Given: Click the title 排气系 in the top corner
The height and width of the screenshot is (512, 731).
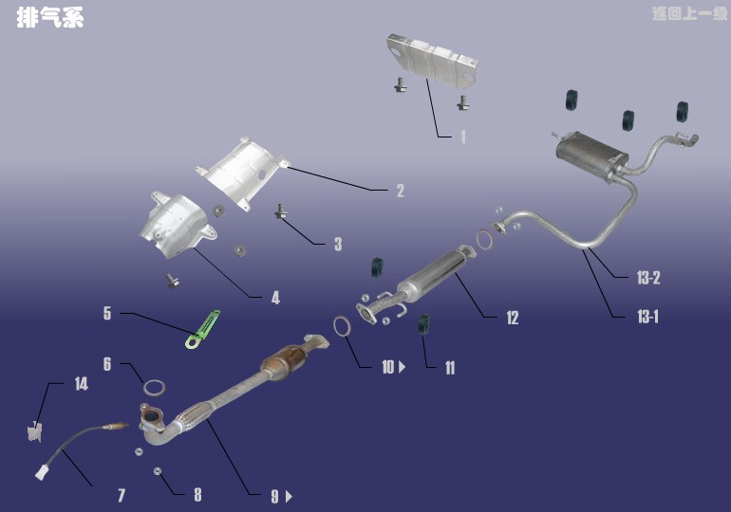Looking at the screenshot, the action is click(50, 18).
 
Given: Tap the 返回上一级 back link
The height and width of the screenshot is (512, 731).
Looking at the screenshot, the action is click(689, 14).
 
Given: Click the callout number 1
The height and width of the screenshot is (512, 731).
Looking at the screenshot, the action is click(463, 137).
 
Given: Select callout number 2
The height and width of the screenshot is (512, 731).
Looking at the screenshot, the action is click(401, 191).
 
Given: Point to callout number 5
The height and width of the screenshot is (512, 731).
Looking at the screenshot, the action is click(107, 313).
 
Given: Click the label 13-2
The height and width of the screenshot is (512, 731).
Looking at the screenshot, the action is click(648, 278).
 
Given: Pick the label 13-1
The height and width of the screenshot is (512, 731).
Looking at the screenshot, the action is click(648, 317).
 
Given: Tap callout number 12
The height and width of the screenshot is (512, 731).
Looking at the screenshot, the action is click(513, 318).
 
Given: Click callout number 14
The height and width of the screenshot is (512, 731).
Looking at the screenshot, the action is click(81, 384).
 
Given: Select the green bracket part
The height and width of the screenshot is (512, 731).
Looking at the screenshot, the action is click(202, 330).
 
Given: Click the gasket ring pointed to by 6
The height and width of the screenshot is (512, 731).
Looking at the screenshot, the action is click(154, 387).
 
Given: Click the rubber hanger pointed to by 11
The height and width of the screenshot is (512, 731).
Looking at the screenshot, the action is click(423, 323).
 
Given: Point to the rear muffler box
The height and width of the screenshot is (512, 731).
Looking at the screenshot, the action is click(590, 155).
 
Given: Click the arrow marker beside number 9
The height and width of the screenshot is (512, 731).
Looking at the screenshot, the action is click(289, 497).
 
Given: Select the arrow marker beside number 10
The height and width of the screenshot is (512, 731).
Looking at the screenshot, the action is click(402, 367).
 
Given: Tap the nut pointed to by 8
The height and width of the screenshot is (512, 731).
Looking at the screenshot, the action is click(158, 471).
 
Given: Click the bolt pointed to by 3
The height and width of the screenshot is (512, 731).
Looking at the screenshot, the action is click(281, 210).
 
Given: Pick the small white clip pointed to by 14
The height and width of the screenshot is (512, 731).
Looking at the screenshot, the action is click(34, 431).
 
